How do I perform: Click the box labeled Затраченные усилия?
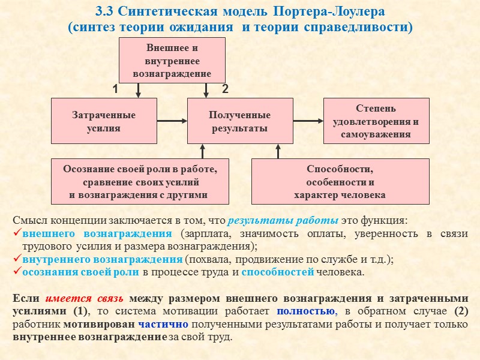tap(104, 121)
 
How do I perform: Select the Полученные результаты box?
tap(240, 121)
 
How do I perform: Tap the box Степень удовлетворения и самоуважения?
tap(376, 121)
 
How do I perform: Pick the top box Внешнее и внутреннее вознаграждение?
tap(172, 60)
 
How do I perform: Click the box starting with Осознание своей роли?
tap(140, 181)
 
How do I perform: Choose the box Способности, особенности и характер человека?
tap(340, 181)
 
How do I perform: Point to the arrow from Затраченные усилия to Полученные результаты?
tap(172, 121)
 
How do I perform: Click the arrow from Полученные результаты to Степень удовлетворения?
tap(308, 121)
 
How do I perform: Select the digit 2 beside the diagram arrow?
tap(226, 89)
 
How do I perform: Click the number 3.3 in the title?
tap(106, 13)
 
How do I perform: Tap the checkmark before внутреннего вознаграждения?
tap(17, 259)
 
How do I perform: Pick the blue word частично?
tap(163, 325)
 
